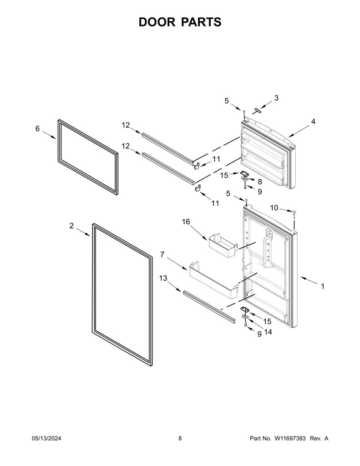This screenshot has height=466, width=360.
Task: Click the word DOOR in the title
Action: [157, 22]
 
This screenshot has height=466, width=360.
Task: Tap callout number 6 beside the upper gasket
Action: [37, 129]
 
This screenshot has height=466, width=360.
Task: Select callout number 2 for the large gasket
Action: [71, 226]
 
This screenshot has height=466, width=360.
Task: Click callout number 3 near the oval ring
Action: [276, 98]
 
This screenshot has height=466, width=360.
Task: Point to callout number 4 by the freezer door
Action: [313, 121]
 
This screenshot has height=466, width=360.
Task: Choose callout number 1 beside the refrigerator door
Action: [322, 286]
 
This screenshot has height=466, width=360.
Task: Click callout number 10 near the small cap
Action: [274, 208]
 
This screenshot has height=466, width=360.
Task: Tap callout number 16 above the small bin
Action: [186, 222]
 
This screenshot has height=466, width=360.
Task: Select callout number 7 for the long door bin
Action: [162, 254]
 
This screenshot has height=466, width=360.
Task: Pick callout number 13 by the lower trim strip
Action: [163, 278]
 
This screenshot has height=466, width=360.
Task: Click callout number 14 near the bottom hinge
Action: [268, 332]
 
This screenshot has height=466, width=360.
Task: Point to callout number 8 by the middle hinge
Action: [260, 182]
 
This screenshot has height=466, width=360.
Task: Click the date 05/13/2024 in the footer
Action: [46, 438]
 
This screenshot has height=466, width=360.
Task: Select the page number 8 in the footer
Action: [180, 438]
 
